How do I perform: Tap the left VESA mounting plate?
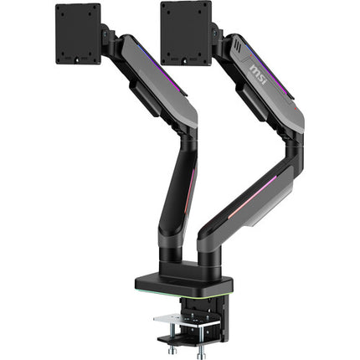tap(78, 33)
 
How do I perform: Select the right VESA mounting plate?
tap(186, 33)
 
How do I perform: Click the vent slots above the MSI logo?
tap(237, 44)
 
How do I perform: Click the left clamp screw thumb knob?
tap(171, 350)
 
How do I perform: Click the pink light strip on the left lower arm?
tap(190, 187)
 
